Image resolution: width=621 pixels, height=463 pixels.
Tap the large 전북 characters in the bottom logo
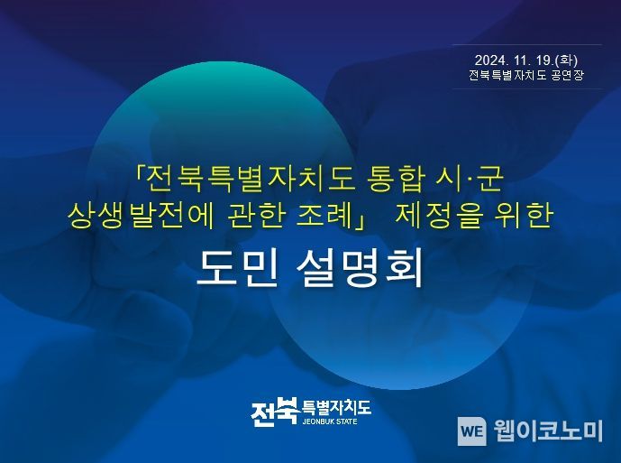coord(275,412)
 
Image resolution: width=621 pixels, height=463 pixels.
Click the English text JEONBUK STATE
coord(330,421)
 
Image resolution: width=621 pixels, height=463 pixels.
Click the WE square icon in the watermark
coord(471,431)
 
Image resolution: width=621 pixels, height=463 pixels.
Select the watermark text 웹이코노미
coord(548,431)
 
